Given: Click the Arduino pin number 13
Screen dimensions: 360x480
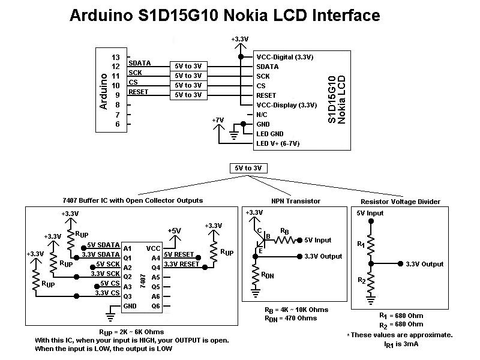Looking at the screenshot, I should click(116, 56).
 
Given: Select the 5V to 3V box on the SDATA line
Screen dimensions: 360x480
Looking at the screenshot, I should click(188, 66).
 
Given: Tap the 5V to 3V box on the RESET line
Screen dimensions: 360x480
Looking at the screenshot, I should click(188, 95).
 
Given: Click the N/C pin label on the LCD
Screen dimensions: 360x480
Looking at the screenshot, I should click(262, 114).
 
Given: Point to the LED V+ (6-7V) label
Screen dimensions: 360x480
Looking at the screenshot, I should click(278, 143).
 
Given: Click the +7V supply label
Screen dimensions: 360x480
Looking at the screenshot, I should click(218, 120).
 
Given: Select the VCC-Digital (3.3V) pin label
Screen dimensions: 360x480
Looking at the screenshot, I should click(285, 57).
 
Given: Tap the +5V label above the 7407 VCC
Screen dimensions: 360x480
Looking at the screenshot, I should click(175, 230).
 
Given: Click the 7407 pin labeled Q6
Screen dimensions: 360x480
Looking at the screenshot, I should click(156, 306).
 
